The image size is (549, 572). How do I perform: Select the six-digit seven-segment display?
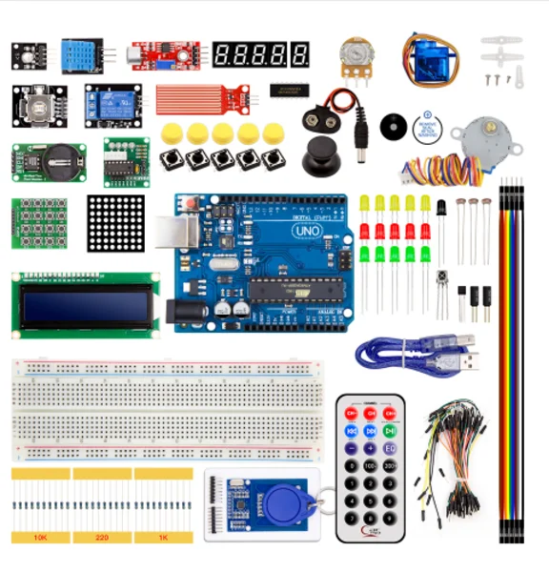point(260,54)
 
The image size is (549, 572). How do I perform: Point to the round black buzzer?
point(392,126)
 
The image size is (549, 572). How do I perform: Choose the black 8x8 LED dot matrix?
point(115,223)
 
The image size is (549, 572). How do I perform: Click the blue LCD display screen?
point(85,305)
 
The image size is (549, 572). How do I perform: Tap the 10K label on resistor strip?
point(40,538)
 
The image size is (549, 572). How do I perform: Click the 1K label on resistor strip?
point(163,538)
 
